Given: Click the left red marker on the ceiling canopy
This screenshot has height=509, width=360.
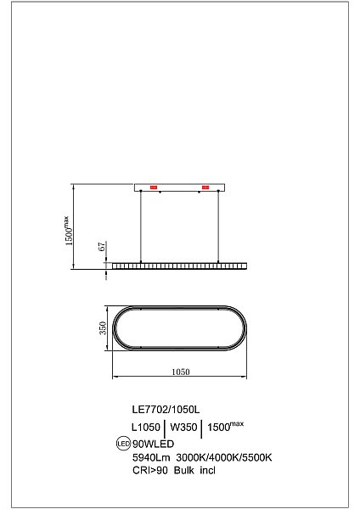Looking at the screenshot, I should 155,187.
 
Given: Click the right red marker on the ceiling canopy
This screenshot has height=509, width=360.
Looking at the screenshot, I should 205,187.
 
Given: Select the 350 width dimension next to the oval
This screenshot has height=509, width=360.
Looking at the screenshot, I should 102,328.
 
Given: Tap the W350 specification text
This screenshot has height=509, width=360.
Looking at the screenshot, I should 183,428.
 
